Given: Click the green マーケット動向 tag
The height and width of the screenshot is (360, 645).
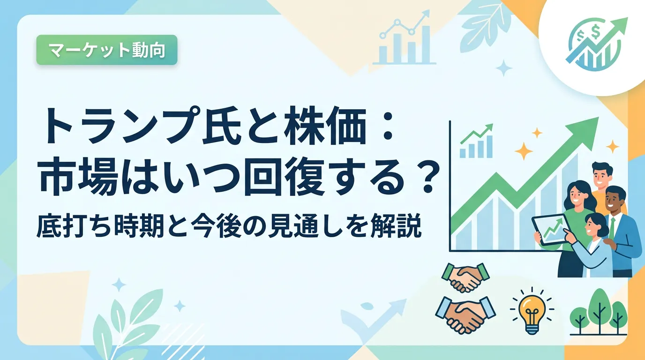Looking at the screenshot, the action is click(107, 50).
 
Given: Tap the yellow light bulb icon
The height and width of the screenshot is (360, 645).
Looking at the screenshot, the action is click(532, 310).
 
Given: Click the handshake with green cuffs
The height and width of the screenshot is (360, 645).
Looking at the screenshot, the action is click(465, 277).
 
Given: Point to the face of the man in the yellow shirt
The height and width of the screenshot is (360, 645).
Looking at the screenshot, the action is click(601, 174).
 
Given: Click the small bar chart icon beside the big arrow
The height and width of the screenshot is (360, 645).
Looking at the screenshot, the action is click(476, 142).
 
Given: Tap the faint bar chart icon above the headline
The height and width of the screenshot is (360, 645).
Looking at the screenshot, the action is click(405, 37).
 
